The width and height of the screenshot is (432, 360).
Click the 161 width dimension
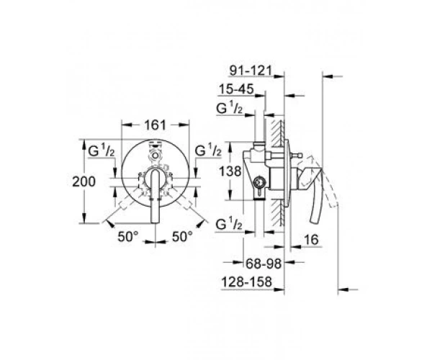(x=156, y=125)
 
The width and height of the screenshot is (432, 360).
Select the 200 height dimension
(x=84, y=181)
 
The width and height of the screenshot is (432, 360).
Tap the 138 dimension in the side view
(x=230, y=171)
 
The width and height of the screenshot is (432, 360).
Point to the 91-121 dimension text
(x=251, y=71)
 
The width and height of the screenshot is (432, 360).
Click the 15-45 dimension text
(x=236, y=89)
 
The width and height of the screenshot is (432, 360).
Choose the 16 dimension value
(x=312, y=240)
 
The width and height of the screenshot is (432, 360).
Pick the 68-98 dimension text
(x=264, y=264)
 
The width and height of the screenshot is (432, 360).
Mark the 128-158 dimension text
(x=246, y=282)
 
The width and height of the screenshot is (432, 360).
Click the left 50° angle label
(x=128, y=236)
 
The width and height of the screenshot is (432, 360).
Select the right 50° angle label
(x=182, y=236)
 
